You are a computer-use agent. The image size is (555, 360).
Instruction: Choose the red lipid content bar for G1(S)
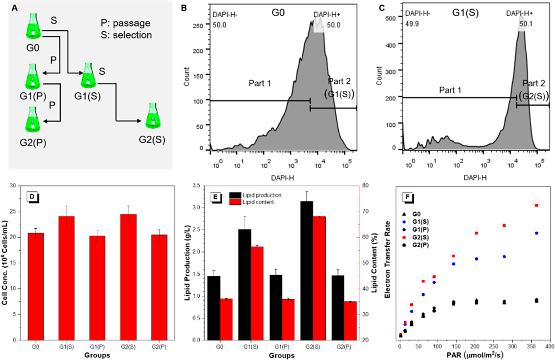pos(257,293)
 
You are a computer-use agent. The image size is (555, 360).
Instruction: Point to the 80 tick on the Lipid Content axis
pos(365,186)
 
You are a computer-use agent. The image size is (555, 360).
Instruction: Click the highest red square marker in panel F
pos(537,205)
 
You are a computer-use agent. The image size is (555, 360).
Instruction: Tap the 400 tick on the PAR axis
pos(550,346)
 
